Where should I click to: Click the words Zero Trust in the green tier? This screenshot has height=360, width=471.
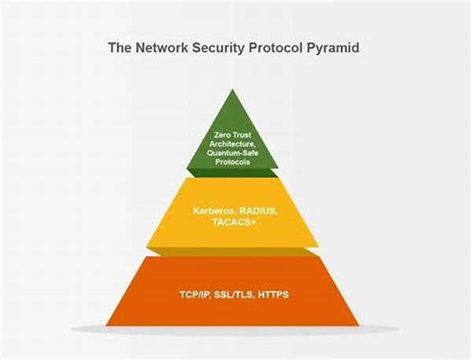pyautogui.click(x=232, y=135)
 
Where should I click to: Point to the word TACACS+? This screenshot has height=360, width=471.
pyautogui.click(x=232, y=222)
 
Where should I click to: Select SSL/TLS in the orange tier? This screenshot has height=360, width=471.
pyautogui.click(x=231, y=294)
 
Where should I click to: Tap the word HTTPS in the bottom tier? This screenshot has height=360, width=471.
pyautogui.click(x=271, y=294)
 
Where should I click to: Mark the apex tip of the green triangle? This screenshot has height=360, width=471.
pyautogui.click(x=232, y=90)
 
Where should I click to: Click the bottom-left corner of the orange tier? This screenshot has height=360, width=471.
pyautogui.click(x=106, y=325)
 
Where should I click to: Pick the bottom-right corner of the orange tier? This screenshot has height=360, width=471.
pyautogui.click(x=358, y=325)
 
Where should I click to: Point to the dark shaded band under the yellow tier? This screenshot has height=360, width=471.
pyautogui.click(x=232, y=252)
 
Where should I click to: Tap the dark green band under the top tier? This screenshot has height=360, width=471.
pyautogui.click(x=232, y=173)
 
